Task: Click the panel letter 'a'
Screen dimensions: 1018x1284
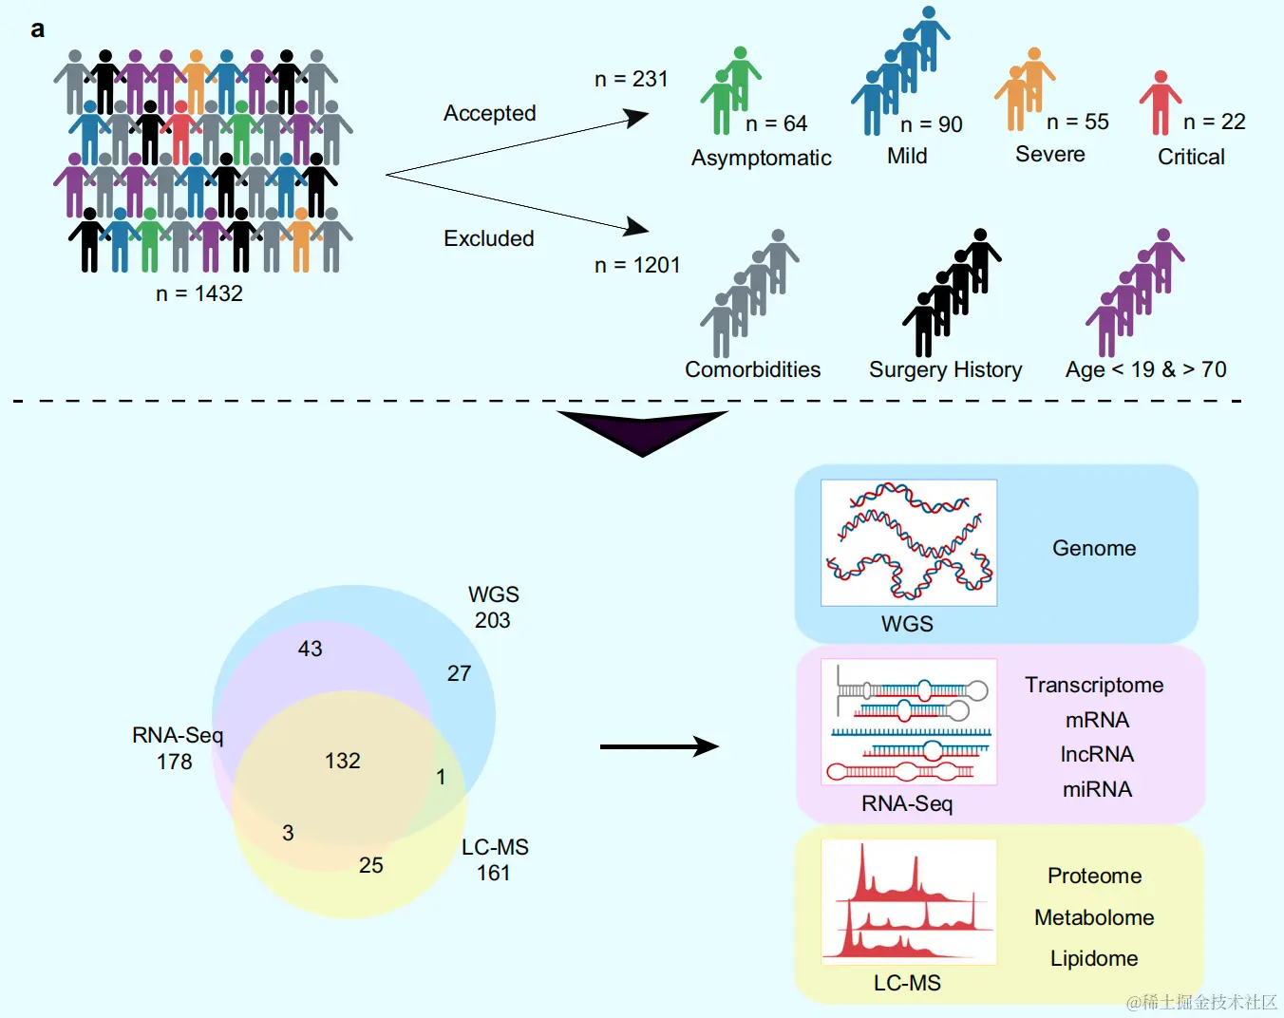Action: [37, 29]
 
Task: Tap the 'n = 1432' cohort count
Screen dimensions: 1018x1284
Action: [199, 293]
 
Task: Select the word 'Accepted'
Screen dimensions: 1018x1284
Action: [489, 113]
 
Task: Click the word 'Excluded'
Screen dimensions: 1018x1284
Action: [489, 238]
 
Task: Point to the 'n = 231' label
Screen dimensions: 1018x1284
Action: [632, 79]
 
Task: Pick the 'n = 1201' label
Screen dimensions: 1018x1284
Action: [637, 265]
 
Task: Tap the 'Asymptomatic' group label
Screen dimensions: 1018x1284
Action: [761, 158]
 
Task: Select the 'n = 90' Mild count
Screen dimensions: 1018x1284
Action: [931, 124]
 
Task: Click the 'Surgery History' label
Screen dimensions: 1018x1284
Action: [945, 369]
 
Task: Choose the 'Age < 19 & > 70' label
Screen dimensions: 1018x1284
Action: [1145, 369]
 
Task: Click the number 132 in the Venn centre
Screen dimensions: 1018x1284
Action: [343, 761]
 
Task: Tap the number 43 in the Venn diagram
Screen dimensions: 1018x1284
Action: [311, 649]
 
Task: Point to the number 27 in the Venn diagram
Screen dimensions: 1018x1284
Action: [459, 673]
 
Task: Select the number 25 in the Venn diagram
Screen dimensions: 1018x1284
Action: [371, 865]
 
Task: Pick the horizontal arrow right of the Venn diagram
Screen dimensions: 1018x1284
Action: [659, 746]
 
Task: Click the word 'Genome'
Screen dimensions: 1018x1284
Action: [1094, 548]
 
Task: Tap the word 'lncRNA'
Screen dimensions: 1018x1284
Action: [1097, 754]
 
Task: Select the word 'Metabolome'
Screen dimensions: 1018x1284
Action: [1094, 917]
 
